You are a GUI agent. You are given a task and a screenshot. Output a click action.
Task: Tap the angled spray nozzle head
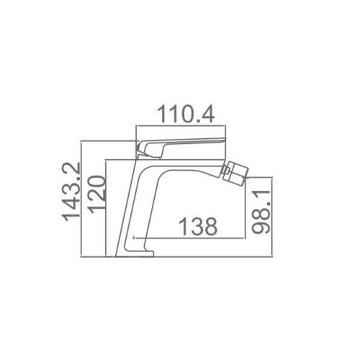234,171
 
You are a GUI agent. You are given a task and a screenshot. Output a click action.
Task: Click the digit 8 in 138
209,226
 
